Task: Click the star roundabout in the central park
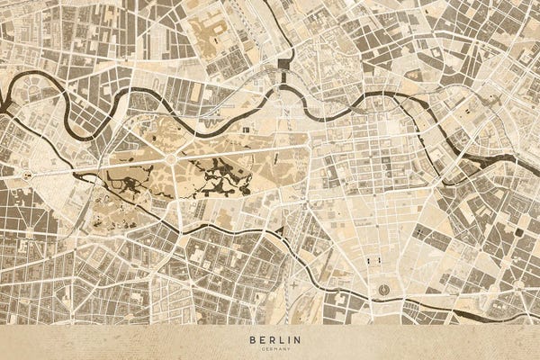(171, 159)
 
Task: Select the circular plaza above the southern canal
(384, 290)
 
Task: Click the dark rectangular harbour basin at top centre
(286, 64)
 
